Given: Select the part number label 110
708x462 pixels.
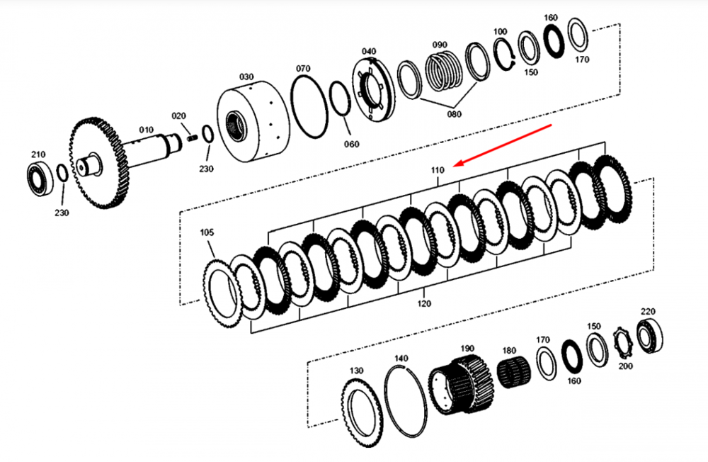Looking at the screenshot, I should (437, 171).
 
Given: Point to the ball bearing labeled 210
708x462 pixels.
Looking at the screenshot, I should (40, 176).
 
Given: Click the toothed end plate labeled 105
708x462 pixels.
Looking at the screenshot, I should (221, 291).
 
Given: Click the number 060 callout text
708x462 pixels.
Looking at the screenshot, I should (352, 144).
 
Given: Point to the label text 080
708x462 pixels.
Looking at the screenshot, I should (454, 114).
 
